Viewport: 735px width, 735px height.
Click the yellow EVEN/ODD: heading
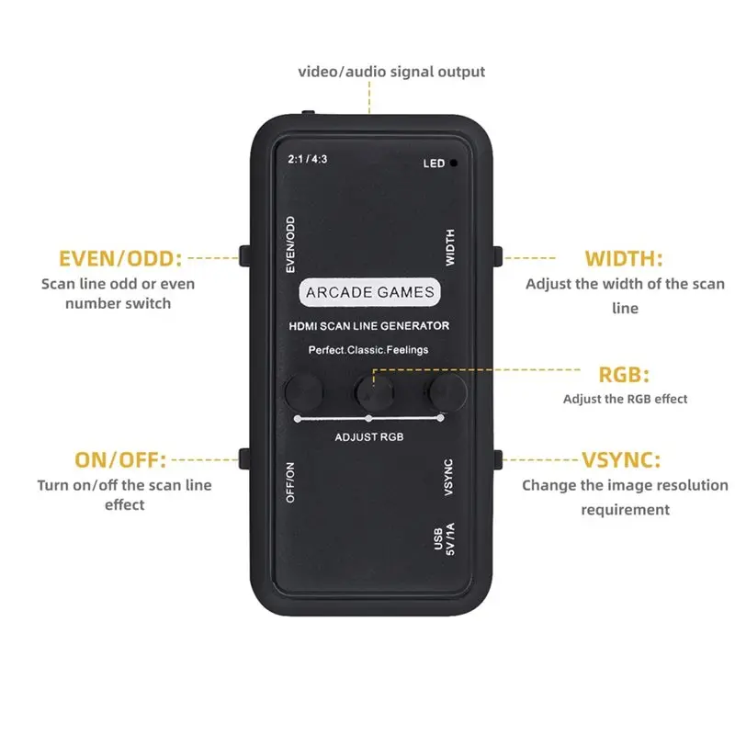tap(120, 259)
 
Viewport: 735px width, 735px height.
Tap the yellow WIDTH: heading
tap(624, 259)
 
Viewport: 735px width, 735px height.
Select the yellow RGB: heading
tap(624, 375)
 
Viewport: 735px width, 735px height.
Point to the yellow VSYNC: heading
tap(621, 460)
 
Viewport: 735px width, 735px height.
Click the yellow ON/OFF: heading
tap(120, 460)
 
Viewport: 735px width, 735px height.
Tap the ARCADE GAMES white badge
tap(370, 292)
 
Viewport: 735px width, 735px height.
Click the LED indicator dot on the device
tap(453, 164)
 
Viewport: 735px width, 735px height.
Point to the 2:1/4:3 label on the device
tap(308, 159)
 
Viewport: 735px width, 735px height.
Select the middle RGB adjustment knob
tap(375, 393)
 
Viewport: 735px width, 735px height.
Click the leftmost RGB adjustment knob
tap(304, 392)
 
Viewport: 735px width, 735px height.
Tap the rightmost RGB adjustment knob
tap(447, 392)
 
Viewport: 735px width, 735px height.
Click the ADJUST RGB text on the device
tap(369, 437)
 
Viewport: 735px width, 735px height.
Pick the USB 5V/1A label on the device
tap(444, 539)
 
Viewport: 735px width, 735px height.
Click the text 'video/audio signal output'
tap(391, 72)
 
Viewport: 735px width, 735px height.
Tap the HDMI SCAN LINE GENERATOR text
tap(369, 326)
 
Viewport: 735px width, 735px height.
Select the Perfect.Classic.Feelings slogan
tap(368, 350)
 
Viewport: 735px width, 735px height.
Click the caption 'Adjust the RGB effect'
tap(625, 399)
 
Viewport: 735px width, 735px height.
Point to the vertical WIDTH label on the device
tap(449, 247)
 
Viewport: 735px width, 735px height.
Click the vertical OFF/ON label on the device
tap(290, 482)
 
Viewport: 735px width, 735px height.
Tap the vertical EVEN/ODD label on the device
tap(290, 244)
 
